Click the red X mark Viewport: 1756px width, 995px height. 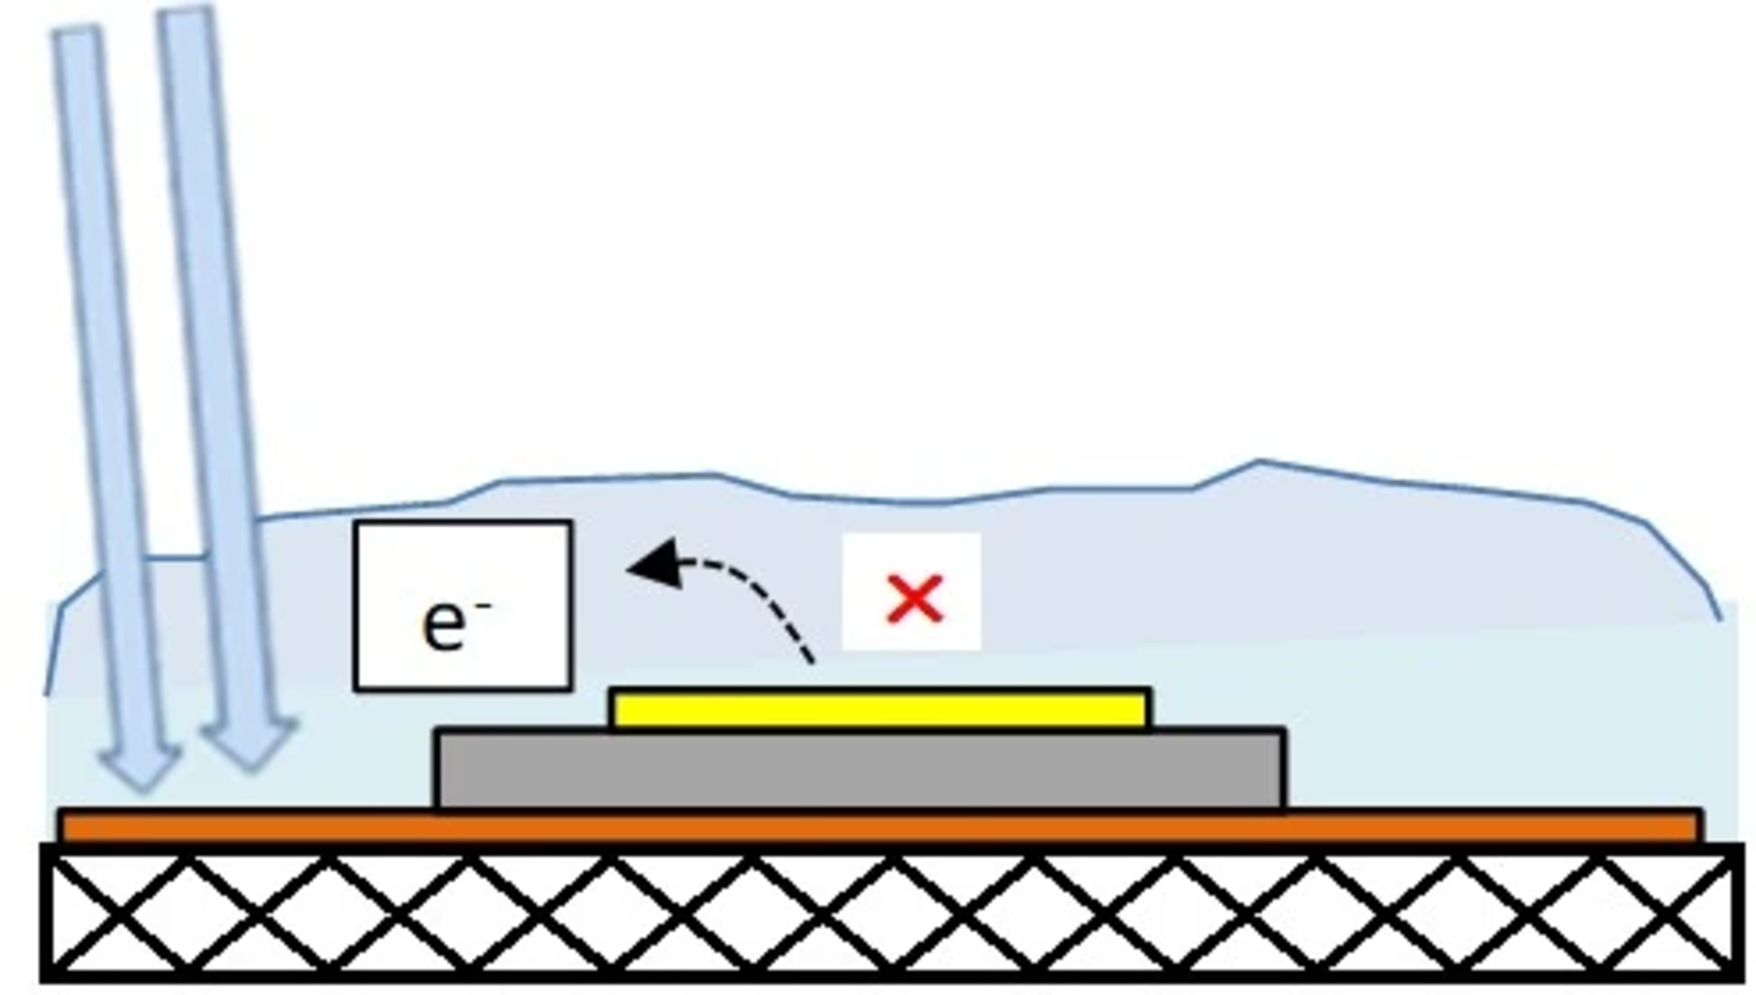pyautogui.click(x=915, y=600)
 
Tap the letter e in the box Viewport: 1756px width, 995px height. pyautogui.click(x=444, y=626)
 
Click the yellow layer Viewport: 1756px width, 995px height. pyautogui.click(x=880, y=709)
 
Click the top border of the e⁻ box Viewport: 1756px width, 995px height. pyautogui.click(x=463, y=523)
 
